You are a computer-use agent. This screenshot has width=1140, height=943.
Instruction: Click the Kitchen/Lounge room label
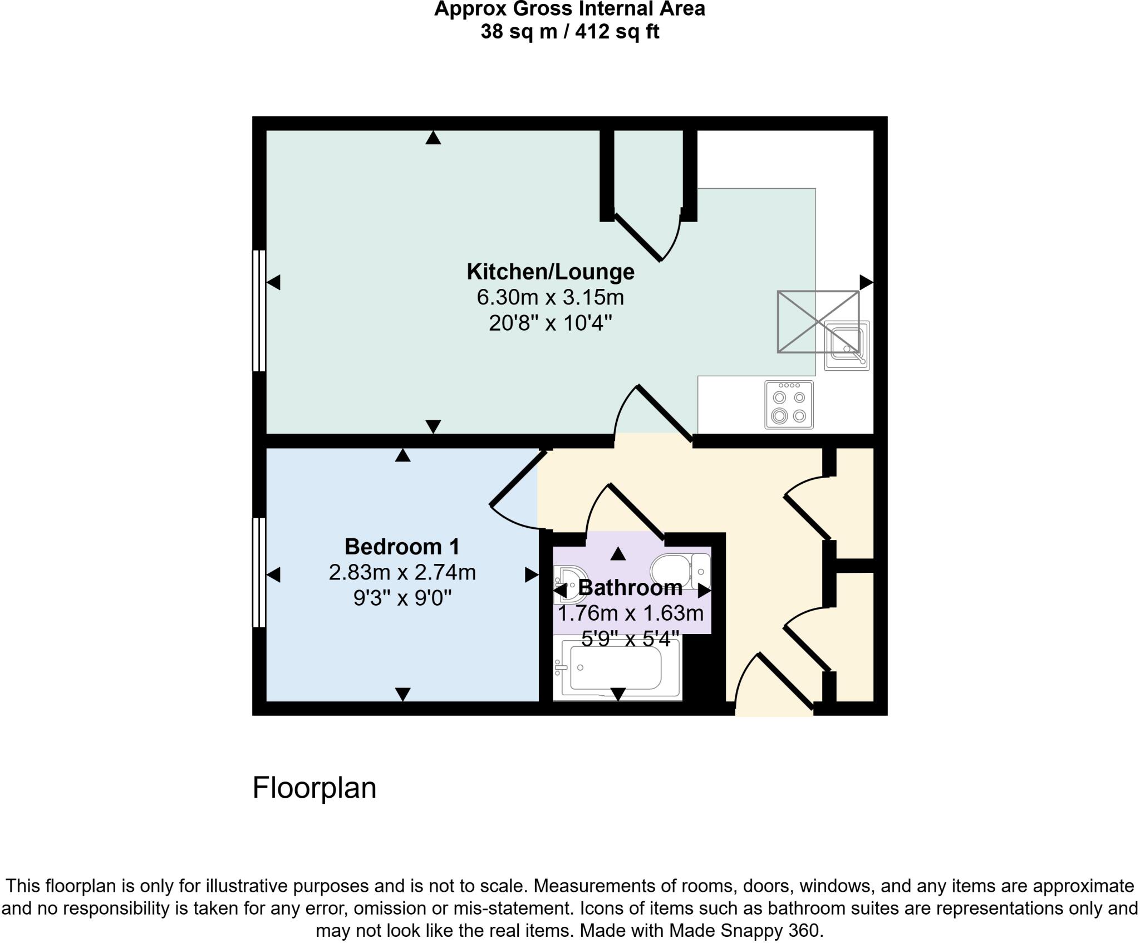click(x=550, y=272)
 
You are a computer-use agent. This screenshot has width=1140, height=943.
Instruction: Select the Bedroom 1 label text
click(x=402, y=547)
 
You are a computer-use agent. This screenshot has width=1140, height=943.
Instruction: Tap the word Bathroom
click(x=630, y=588)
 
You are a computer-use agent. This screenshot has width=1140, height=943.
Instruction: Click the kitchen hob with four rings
click(x=789, y=405)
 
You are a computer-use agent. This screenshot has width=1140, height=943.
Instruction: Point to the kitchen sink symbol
click(x=847, y=345)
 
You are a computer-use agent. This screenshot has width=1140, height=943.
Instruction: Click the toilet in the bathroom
click(x=679, y=571)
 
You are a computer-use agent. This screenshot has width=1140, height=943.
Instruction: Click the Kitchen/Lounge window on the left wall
click(x=259, y=311)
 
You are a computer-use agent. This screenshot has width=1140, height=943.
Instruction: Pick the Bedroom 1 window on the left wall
click(x=259, y=572)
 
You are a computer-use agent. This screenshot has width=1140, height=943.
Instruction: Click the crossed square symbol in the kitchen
click(x=817, y=321)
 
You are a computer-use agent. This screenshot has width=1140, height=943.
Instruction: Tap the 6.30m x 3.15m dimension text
click(x=550, y=297)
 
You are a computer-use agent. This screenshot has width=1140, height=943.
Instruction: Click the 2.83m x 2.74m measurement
click(x=402, y=572)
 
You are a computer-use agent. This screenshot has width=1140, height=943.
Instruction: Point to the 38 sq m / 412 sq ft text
click(x=569, y=32)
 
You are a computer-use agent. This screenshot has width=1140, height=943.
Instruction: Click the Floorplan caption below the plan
click(x=314, y=788)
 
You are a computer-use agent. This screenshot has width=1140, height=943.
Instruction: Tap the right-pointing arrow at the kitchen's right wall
click(x=866, y=282)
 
